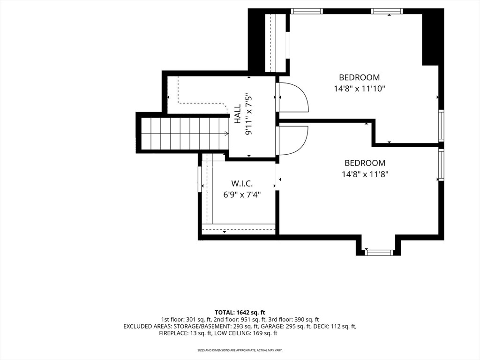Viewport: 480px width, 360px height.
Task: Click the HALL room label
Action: pyautogui.click(x=238, y=114)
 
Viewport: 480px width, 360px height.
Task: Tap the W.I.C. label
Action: pyautogui.click(x=242, y=184)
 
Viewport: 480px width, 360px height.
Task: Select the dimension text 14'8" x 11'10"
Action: pyautogui.click(x=360, y=89)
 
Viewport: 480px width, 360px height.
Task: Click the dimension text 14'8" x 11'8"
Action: pyautogui.click(x=365, y=174)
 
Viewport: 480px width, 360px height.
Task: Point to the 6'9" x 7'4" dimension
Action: pyautogui.click(x=242, y=195)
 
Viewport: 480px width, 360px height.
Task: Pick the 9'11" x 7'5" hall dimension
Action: pyautogui.click(x=248, y=114)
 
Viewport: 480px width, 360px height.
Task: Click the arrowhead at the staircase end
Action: pyautogui.click(x=226, y=134)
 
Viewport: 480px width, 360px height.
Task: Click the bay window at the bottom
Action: pyautogui.click(x=379, y=253)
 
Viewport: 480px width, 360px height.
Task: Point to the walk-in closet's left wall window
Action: pyautogui.click(x=200, y=179)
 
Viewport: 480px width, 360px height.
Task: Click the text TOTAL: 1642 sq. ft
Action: pyautogui.click(x=240, y=313)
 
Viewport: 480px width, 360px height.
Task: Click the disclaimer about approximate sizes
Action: pyautogui.click(x=240, y=350)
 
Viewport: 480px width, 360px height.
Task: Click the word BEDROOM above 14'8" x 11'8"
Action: pyautogui.click(x=365, y=163)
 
